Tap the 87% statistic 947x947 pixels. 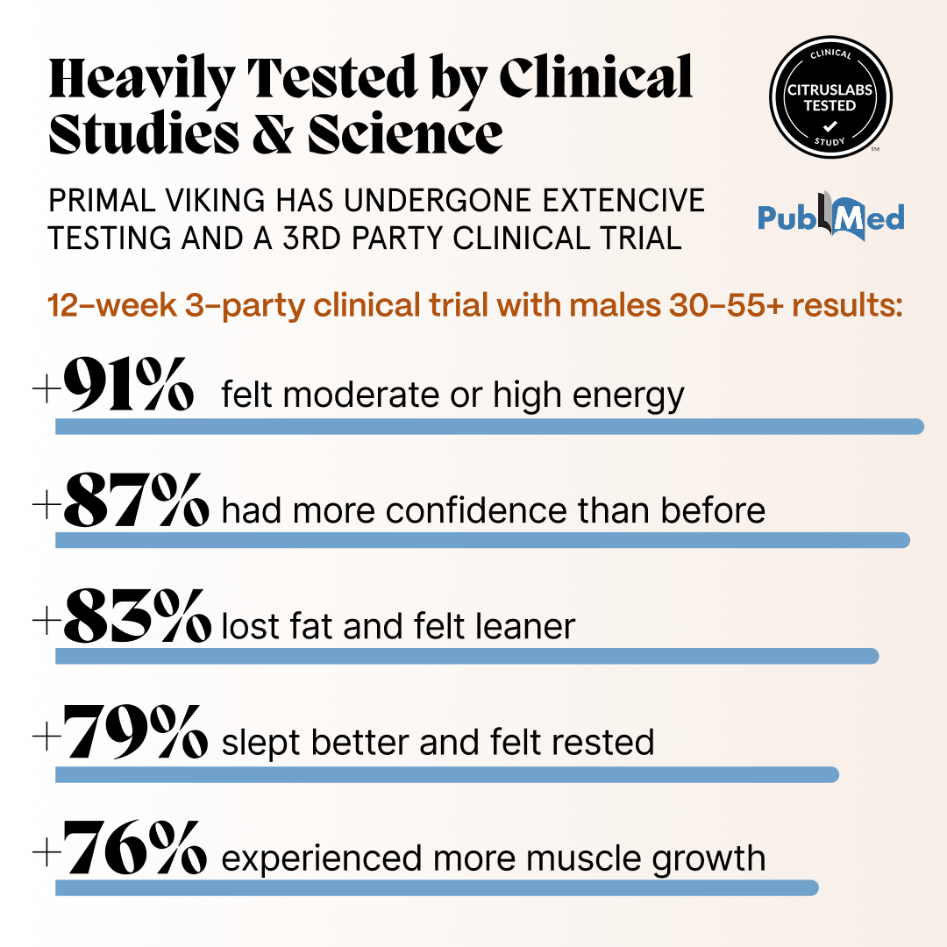[136, 502]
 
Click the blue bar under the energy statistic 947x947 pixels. [489, 426]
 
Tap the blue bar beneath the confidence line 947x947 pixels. [482, 540]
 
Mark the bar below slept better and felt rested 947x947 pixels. [447, 774]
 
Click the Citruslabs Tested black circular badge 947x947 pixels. [830, 97]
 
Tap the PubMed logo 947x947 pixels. [830, 217]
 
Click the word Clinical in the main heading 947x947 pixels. [596, 78]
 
